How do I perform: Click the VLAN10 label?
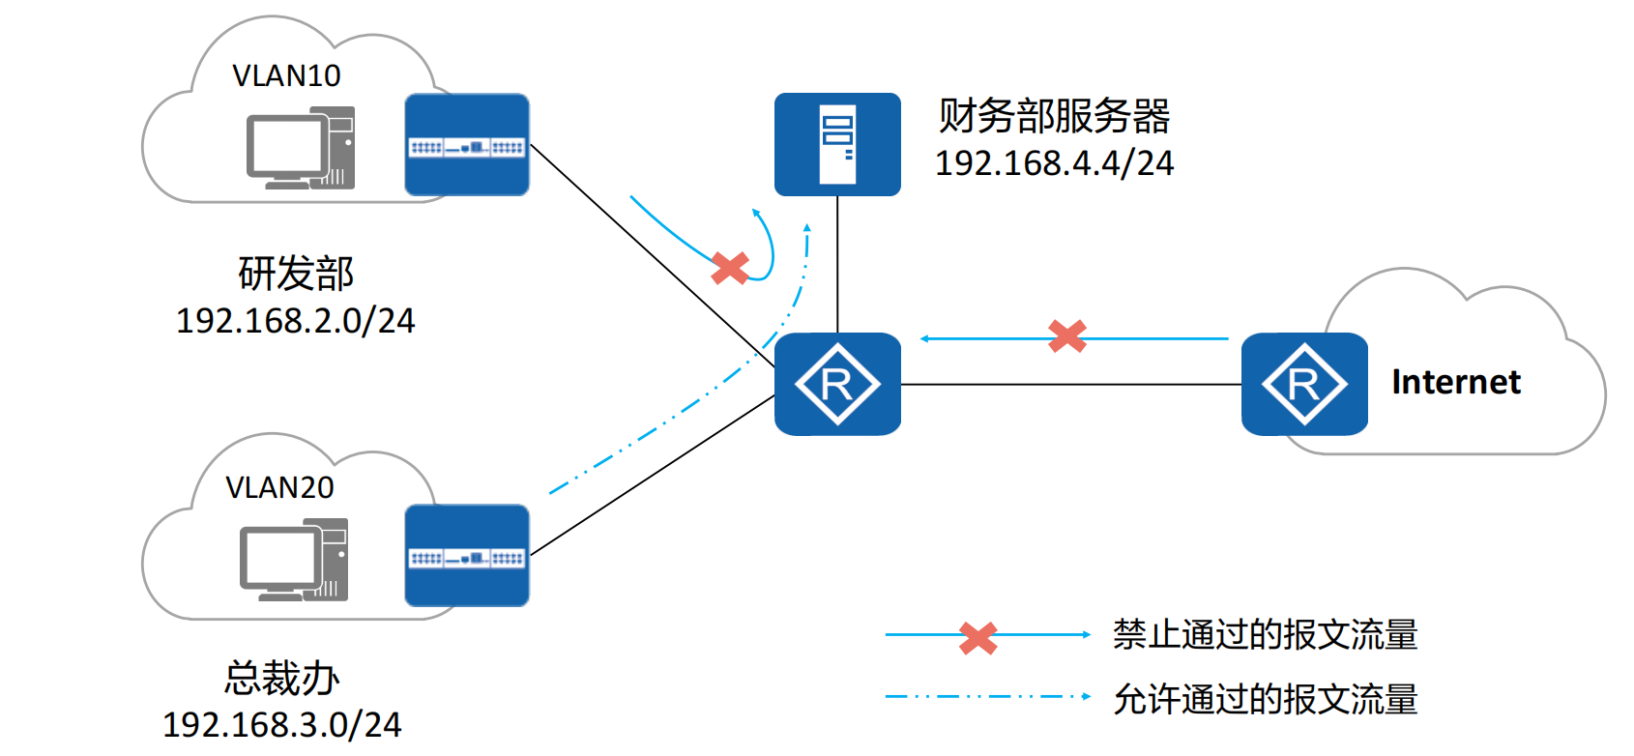286,75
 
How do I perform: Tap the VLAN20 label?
279,487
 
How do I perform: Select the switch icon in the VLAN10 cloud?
467,145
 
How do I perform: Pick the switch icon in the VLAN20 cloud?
467,556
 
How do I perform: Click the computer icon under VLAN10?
301,149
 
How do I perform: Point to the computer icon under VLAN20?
294,560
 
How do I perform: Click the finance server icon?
837,144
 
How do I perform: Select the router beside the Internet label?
1304,384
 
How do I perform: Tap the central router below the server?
837,384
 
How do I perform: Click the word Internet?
1455,382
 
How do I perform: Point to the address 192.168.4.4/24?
1054,163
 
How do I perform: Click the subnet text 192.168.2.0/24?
295,321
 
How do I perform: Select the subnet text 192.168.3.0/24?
281,725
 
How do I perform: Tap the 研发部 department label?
296,274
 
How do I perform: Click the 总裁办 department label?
282,678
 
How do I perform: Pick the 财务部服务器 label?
1054,116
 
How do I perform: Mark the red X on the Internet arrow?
1067,336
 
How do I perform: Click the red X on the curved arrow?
730,268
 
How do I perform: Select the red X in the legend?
978,637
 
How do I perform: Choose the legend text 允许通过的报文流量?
1265,698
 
